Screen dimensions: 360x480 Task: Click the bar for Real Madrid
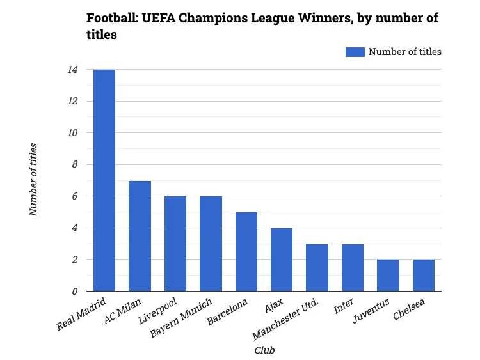point(104,180)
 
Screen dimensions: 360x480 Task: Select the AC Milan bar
point(140,236)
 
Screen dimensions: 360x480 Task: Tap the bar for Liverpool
point(175,244)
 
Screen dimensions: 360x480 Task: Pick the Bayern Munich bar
point(211,244)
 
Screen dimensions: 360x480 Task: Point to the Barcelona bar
point(246,252)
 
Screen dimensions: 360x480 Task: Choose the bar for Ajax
point(282,260)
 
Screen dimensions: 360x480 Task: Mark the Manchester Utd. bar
point(317,267)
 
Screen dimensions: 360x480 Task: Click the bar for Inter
point(353,267)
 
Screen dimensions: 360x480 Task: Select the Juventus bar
point(388,276)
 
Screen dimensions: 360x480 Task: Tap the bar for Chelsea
point(424,276)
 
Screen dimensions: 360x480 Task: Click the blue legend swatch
point(355,52)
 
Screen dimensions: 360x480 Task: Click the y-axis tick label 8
point(74,165)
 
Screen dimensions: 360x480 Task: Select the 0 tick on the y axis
point(74,292)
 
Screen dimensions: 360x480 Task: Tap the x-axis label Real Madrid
point(82,314)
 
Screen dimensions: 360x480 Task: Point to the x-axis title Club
point(264,350)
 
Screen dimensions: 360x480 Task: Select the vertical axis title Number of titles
point(34,180)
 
